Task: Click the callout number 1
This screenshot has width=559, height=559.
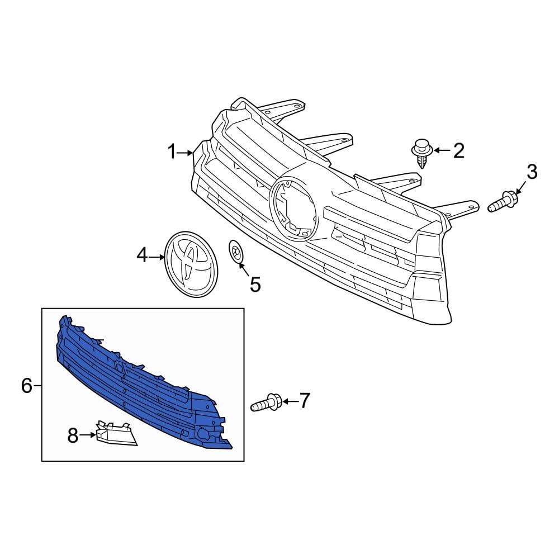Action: tap(172, 152)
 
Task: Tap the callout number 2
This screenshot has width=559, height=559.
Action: tap(458, 150)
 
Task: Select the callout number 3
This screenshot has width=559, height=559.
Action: tap(532, 172)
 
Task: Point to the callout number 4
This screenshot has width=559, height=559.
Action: tap(142, 255)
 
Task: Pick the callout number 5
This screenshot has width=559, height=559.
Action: tap(255, 284)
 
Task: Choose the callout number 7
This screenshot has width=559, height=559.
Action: tap(304, 400)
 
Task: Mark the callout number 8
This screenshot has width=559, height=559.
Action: tap(73, 435)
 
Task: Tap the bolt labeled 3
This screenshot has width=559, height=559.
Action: tap(502, 202)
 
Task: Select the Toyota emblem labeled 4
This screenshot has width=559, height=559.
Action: tap(192, 264)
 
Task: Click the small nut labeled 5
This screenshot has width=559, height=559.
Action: tap(235, 252)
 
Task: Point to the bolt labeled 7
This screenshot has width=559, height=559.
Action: tap(267, 402)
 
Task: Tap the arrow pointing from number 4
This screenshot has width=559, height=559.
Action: tap(157, 257)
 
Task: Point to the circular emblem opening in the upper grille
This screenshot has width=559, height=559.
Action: tap(293, 207)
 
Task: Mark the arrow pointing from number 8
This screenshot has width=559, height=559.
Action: tap(88, 435)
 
